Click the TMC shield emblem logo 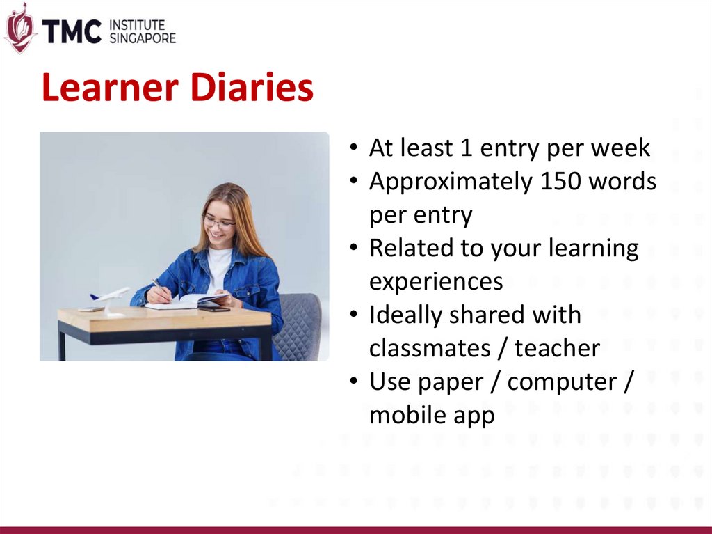[x=19, y=29]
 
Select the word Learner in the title [x=109, y=87]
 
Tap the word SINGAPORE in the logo [x=143, y=38]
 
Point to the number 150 [x=560, y=181]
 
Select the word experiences [x=436, y=282]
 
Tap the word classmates [x=430, y=348]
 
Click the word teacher [x=557, y=348]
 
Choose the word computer [x=562, y=382]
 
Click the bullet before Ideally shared [x=354, y=314]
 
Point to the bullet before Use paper [x=354, y=381]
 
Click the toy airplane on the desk [x=111, y=299]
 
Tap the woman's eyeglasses [x=219, y=222]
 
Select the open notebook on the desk [x=187, y=301]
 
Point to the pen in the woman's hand [x=161, y=290]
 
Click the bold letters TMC [x=72, y=31]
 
